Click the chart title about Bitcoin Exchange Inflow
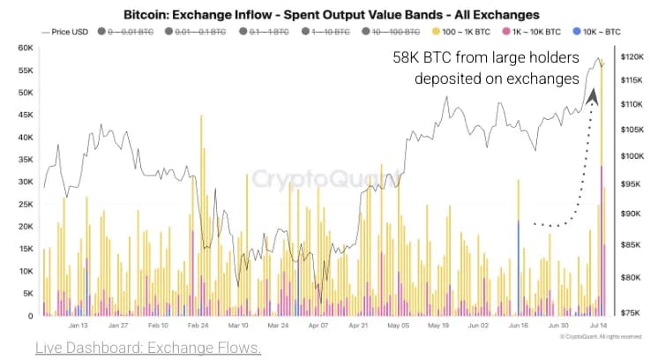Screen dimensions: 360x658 [x=329, y=15]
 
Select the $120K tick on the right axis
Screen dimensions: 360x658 [x=635, y=56]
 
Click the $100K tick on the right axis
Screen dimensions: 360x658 [x=635, y=156]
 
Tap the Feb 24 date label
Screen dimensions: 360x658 [x=198, y=326]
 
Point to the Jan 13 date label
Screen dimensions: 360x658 [x=78, y=326]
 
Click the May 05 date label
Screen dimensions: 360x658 [x=398, y=326]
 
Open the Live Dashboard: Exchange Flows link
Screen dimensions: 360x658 [x=148, y=348]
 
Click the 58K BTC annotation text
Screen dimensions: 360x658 [x=486, y=68]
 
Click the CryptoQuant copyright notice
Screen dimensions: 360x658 [x=600, y=337]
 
